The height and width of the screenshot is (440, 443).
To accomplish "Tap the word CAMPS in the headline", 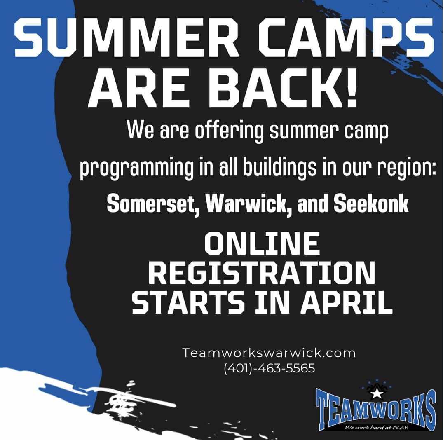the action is tap(346, 37).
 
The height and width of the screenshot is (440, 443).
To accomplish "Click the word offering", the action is tap(229, 131).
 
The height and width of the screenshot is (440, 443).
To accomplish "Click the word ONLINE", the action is tap(262, 243).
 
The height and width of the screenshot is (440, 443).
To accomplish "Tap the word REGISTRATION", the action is tap(262, 273).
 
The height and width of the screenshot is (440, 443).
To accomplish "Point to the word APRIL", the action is tap(347, 302).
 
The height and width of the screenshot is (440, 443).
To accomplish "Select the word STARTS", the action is tap(188, 302).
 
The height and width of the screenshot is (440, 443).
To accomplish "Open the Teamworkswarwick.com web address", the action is tap(269, 353).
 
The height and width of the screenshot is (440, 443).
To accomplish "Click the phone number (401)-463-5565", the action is tap(269, 368).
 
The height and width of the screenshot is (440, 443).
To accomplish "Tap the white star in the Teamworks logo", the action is tap(375, 393).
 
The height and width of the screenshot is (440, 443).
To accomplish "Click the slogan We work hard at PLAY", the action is tap(377, 428).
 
